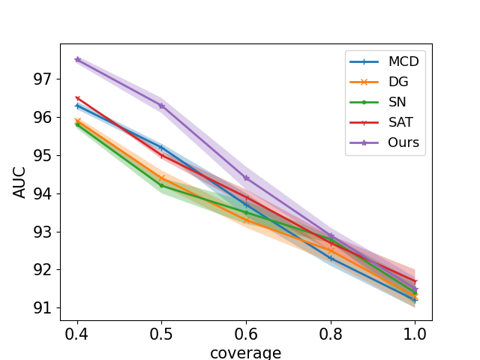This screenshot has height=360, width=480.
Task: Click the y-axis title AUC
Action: pos(20,181)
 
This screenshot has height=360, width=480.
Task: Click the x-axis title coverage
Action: pos(246,352)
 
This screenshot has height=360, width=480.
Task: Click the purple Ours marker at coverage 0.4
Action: pos(77,59)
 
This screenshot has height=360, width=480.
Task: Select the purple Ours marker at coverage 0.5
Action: pos(161,106)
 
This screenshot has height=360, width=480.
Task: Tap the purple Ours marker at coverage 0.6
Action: pos(246,178)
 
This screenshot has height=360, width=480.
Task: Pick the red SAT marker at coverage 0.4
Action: pos(77,98)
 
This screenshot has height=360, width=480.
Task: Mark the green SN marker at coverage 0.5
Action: pos(161,185)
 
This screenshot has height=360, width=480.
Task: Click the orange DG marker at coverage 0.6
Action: pos(246,220)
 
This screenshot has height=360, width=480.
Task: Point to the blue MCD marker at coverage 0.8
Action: pos(331,258)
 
